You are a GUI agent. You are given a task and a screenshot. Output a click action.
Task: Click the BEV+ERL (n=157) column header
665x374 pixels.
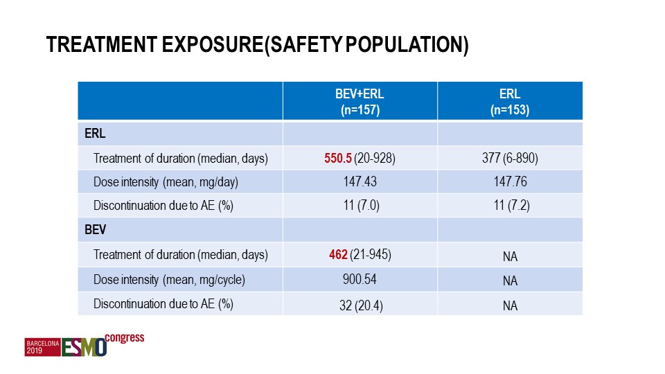tap(360, 102)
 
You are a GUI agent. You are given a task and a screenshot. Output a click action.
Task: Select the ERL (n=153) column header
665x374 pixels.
tap(510, 102)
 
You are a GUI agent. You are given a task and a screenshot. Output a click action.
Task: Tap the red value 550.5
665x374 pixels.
tap(338, 158)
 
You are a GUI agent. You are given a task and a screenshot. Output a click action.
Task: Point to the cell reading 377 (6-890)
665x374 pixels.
tap(510, 158)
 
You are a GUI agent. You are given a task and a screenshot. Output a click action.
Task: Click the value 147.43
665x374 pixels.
tap(360, 181)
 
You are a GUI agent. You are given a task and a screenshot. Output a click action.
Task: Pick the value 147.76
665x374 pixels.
tap(511, 181)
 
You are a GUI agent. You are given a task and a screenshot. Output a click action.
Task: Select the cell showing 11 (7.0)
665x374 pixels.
tap(362, 206)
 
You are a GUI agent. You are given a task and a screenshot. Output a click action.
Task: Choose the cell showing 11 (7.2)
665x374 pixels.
tap(511, 206)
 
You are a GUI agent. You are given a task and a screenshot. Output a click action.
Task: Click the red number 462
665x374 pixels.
tap(339, 254)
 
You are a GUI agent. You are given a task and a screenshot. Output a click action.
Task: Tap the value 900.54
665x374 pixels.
tap(360, 279)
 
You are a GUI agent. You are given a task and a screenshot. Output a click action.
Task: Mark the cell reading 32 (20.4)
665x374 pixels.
tap(361, 305)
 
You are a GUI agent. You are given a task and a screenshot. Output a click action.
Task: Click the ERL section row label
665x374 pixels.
tap(95, 134)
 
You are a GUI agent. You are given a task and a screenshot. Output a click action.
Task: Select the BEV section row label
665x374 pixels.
tap(95, 230)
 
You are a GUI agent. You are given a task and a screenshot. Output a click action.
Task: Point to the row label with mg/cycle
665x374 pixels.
tap(169, 280)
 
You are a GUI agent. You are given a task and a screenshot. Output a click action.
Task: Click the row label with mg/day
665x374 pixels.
tap(166, 182)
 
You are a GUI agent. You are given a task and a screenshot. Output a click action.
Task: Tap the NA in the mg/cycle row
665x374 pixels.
tap(511, 280)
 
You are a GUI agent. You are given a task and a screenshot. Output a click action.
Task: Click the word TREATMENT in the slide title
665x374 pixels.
tap(102, 44)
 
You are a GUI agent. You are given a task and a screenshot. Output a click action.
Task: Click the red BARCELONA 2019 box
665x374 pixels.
tap(42, 347)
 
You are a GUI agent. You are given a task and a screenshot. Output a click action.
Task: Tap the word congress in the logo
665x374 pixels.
tap(125, 339)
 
